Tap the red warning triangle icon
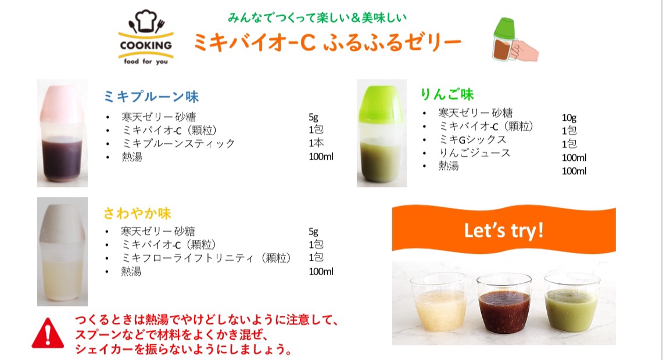point(48,334)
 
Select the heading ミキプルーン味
point(151,97)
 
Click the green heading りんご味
point(447,94)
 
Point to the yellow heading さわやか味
point(137,213)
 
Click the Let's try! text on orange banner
point(504,231)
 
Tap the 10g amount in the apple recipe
point(569,117)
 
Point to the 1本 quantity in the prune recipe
point(316,143)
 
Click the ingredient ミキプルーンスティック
point(178,143)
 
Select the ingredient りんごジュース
point(474,153)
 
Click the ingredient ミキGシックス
point(472,139)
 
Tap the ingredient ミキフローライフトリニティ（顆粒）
point(206,258)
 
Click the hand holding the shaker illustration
point(524,51)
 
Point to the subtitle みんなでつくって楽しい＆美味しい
point(317,17)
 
